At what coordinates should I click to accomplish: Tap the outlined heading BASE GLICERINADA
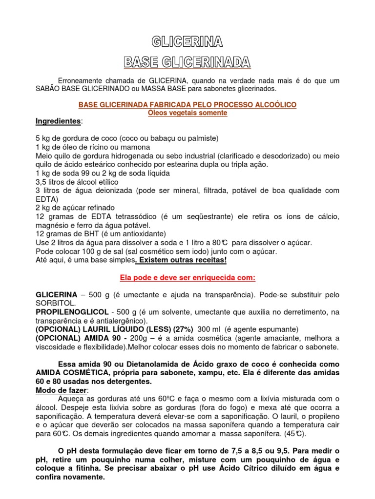point(187,62)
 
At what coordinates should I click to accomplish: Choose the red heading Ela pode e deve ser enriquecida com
point(187,278)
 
